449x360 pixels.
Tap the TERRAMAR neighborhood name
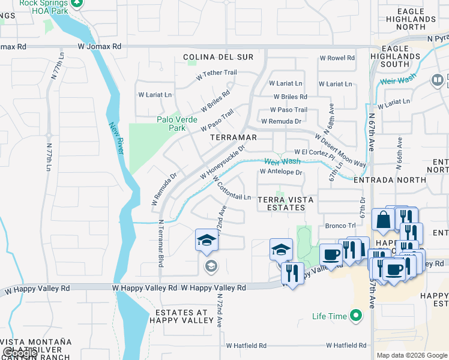click(x=234, y=137)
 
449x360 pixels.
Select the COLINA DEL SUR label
click(x=218, y=57)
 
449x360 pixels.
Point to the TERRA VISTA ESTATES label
click(x=282, y=203)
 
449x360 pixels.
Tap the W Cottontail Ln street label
click(x=231, y=187)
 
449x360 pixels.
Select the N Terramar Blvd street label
click(x=161, y=243)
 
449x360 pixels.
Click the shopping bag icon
click(x=383, y=220)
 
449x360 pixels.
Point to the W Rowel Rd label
click(x=337, y=58)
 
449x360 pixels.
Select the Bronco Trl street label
click(x=340, y=226)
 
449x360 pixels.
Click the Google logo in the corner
click(x=20, y=353)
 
